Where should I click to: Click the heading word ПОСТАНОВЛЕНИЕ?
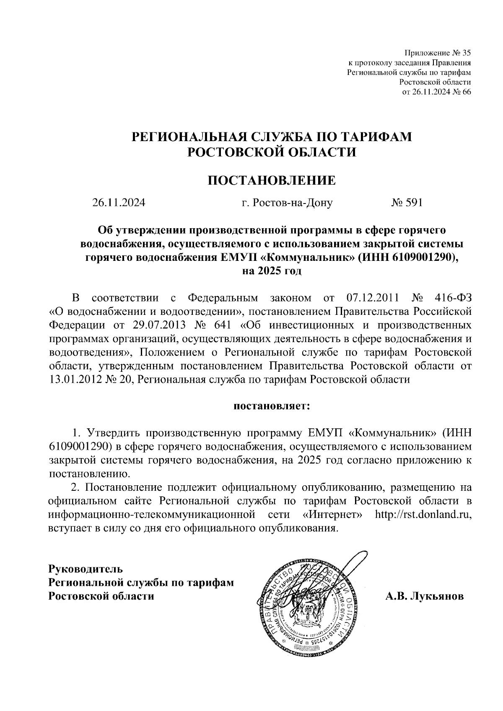[x=272, y=180]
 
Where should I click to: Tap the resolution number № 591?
[x=407, y=203]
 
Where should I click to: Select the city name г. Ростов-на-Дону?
[x=287, y=203]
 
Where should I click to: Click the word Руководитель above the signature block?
[x=86, y=569]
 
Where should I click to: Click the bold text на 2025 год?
[x=272, y=271]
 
